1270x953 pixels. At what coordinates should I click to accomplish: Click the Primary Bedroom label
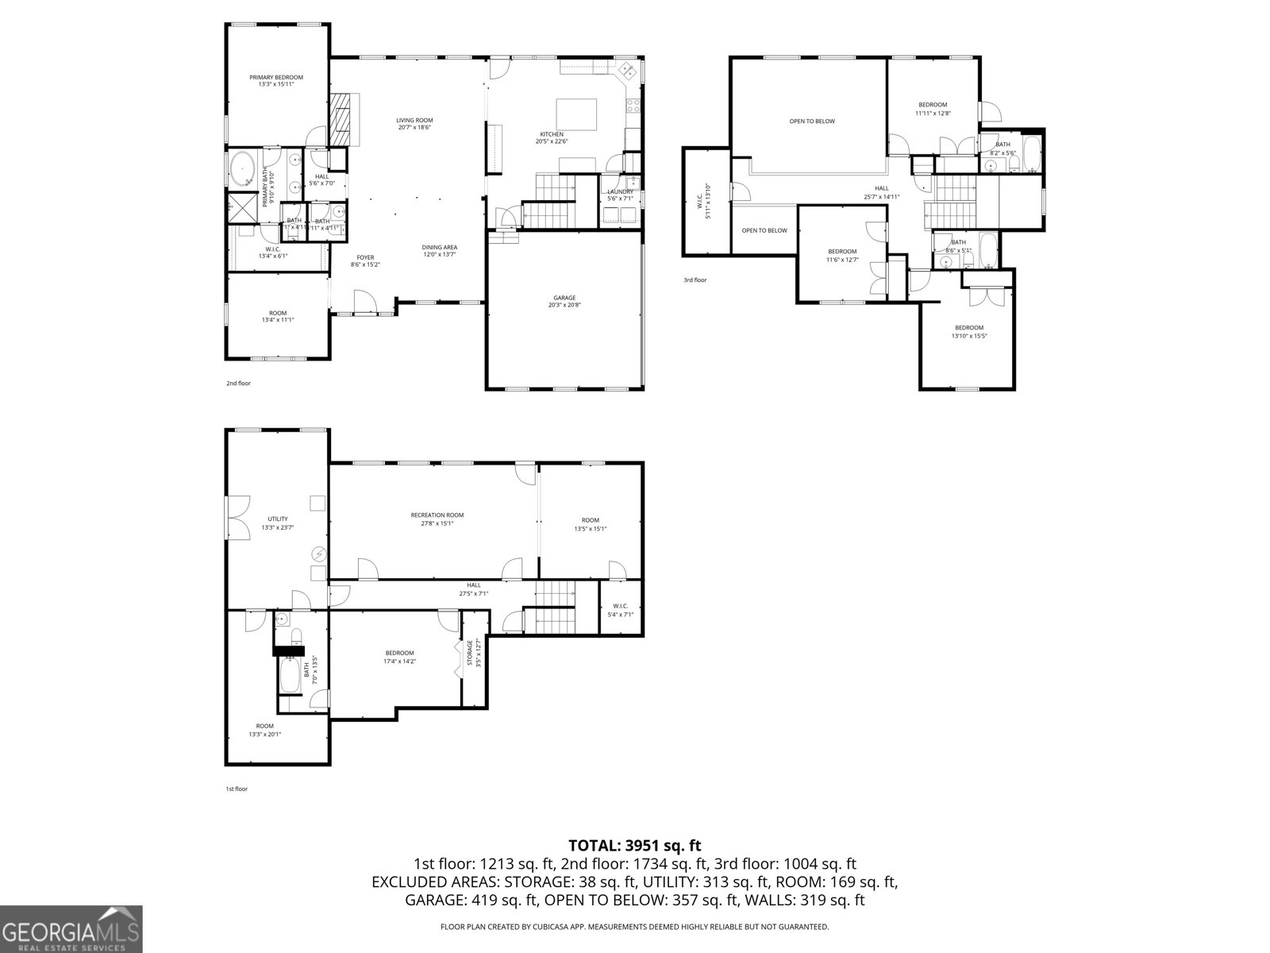pyautogui.click(x=276, y=77)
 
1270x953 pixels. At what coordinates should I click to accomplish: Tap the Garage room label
pyautogui.click(x=564, y=298)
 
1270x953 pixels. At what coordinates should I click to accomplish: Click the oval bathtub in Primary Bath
pyautogui.click(x=242, y=170)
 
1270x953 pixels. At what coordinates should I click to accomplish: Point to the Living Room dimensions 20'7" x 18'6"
pyautogui.click(x=414, y=127)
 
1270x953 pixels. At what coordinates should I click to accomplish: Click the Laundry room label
pyautogui.click(x=620, y=191)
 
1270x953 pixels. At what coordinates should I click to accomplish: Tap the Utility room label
pyautogui.click(x=278, y=519)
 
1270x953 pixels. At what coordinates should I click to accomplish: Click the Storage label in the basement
pyautogui.click(x=469, y=653)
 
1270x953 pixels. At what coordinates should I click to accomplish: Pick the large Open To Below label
pyautogui.click(x=812, y=122)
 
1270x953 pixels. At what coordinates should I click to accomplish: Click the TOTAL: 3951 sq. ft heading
pyautogui.click(x=635, y=845)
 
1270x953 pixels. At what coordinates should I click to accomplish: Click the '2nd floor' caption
pyautogui.click(x=238, y=384)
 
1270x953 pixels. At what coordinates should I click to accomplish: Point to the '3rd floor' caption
pyautogui.click(x=695, y=280)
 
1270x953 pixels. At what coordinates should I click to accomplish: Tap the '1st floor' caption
pyautogui.click(x=237, y=789)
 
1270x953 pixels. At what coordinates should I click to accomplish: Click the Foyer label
pyautogui.click(x=365, y=257)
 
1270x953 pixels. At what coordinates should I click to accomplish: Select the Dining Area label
pyautogui.click(x=439, y=247)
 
